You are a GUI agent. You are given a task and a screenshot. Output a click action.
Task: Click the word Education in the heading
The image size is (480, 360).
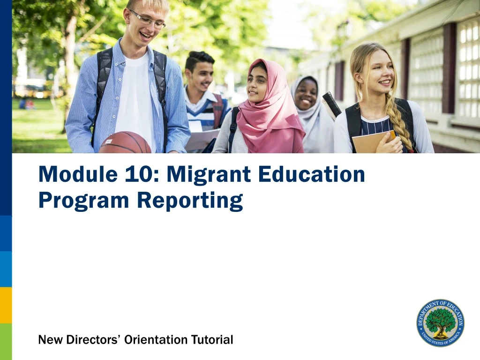point(313,174)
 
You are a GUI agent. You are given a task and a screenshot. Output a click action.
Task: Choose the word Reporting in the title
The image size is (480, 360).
point(190,201)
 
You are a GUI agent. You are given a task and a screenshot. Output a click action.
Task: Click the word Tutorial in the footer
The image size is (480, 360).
point(212,339)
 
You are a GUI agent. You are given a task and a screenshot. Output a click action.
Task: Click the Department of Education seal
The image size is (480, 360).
point(440,323)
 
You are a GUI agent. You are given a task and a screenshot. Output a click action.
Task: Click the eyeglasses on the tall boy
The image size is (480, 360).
point(149,20)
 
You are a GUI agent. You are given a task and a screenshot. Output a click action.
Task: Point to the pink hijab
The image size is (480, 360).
point(272,117)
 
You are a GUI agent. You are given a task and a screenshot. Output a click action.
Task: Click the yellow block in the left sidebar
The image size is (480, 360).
point(6,305)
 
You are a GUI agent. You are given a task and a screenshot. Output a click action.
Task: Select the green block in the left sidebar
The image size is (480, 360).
point(6,342)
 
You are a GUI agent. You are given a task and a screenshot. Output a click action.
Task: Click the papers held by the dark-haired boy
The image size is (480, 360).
point(201,139)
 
